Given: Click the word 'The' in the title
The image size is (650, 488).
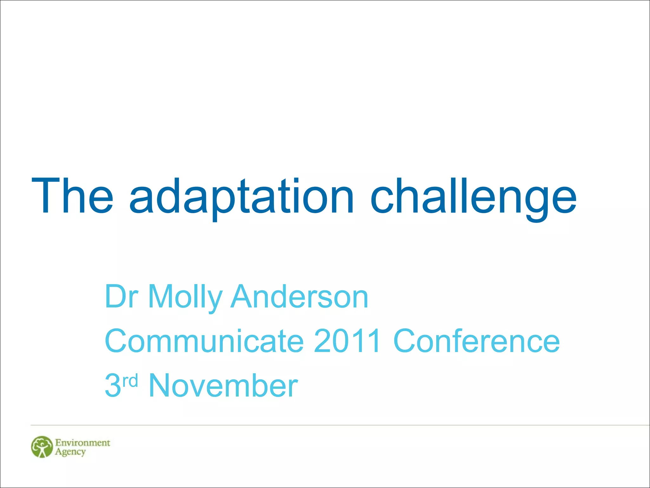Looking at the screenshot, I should tap(72, 196).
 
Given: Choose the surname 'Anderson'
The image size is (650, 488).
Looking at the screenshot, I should tap(300, 296).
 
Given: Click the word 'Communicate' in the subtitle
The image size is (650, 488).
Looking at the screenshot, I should tap(204, 341).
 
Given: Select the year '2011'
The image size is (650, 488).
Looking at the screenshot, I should tap(348, 341).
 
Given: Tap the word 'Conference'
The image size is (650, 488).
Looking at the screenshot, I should tap(476, 341).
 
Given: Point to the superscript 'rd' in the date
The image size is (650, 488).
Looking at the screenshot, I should tap(130, 380).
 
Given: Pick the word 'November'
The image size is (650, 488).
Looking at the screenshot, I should tap(223, 385).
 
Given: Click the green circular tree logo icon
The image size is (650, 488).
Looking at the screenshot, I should tap(42, 447).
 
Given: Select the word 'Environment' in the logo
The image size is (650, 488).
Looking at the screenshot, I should tap(83, 443).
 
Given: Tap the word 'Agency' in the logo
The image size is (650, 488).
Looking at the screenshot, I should tap(70, 452).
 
